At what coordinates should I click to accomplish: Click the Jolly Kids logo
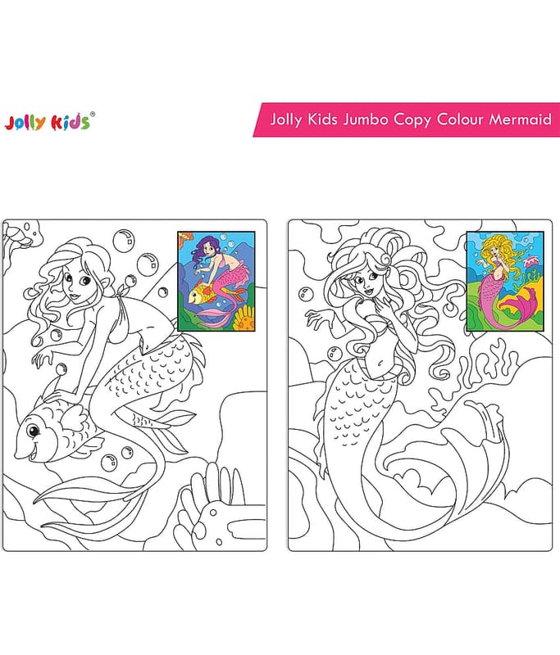click(49, 121)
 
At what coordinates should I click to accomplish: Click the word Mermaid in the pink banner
click(521, 120)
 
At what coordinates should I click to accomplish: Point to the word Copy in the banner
click(412, 120)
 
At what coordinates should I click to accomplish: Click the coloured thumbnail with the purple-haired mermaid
click(216, 282)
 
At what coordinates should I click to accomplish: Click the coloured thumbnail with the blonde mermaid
click(505, 282)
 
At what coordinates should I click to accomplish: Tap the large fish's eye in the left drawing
click(33, 430)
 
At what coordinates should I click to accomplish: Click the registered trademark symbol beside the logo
click(93, 114)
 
